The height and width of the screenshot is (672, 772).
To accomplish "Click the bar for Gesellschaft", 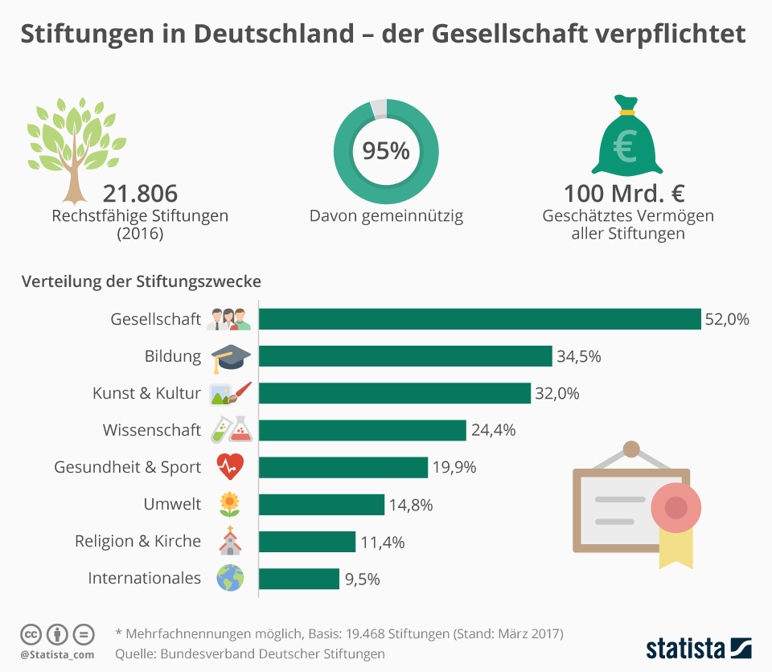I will point(479,319).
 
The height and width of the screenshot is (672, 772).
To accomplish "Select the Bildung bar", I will point(405,356).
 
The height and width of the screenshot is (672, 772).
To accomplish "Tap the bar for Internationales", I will point(299,579).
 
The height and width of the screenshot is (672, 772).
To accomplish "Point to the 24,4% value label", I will point(493,430).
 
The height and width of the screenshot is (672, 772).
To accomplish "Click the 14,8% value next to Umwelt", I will point(411,505).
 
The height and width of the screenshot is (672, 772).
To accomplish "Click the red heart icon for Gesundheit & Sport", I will point(229,466).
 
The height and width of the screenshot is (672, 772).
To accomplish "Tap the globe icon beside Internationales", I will point(229,579).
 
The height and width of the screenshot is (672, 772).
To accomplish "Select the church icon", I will point(229,541).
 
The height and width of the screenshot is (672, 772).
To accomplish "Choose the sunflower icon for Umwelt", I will point(229,504).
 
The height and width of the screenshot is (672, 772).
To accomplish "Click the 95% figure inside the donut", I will point(386,151).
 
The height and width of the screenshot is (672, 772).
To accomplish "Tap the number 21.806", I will point(140,195).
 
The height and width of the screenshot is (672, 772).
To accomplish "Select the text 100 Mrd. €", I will point(624,195).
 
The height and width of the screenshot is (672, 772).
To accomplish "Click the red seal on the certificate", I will point(675,507).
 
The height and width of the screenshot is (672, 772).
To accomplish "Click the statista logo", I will point(698,648).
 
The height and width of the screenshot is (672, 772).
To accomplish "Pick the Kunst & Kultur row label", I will point(146,393).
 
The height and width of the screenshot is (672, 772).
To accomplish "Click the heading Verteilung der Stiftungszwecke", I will point(142,282).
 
